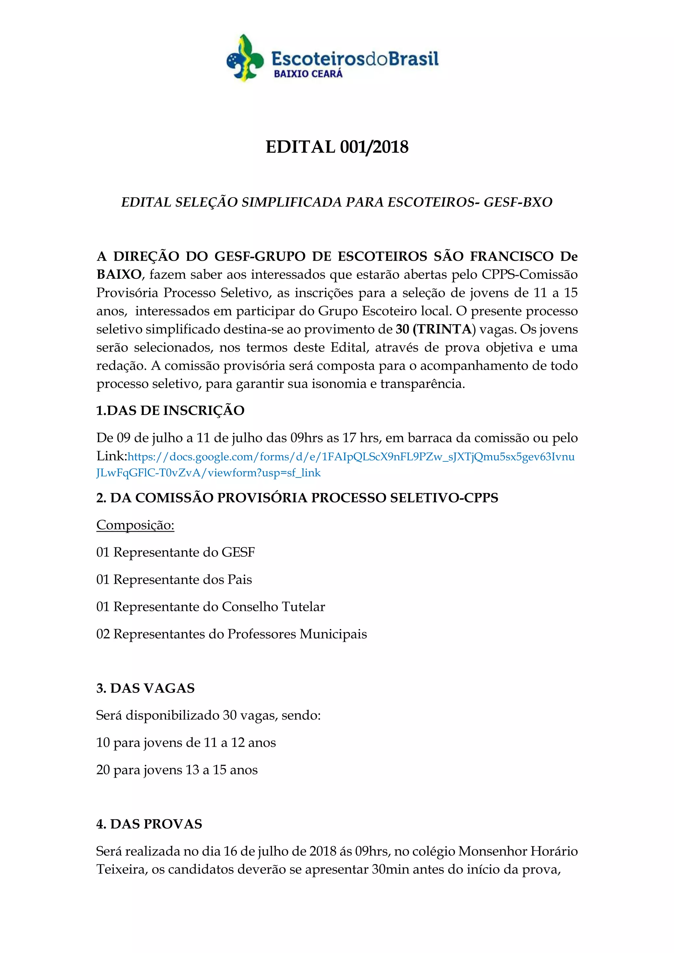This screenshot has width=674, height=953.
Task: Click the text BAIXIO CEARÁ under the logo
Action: click(x=308, y=74)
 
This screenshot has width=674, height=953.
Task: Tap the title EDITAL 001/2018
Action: click(x=337, y=147)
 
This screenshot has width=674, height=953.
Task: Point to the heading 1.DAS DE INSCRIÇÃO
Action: click(x=170, y=410)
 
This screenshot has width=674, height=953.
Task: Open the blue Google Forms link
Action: click(x=336, y=465)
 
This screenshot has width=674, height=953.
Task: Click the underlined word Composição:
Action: click(x=135, y=525)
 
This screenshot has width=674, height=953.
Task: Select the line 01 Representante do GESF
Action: click(x=176, y=552)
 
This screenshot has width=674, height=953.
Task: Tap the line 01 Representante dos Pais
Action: click(x=174, y=579)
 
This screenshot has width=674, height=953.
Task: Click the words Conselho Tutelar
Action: click(x=273, y=607)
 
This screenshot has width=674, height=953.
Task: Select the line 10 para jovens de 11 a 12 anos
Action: click(x=186, y=743)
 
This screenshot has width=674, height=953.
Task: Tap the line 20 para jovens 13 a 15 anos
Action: click(x=177, y=770)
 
